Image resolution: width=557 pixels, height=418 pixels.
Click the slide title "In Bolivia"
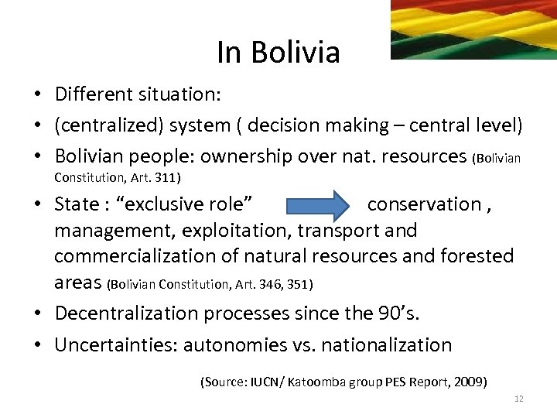pos(278,53)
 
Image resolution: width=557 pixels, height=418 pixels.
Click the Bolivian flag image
pos(473,29)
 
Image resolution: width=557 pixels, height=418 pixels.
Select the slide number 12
pos(518,399)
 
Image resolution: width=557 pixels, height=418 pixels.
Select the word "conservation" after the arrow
pos(424,204)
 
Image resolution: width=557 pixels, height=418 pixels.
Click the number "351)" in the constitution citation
pos(298,284)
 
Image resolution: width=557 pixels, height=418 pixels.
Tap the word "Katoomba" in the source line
pos(313,382)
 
